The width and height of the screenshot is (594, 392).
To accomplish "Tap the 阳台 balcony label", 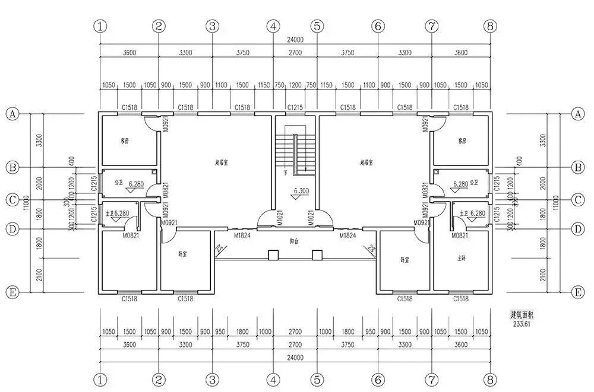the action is (294, 241).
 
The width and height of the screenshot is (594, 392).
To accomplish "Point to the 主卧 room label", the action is (462, 258).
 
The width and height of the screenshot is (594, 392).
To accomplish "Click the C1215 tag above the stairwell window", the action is (295, 107).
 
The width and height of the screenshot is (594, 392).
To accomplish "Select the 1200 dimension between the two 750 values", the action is (295, 85).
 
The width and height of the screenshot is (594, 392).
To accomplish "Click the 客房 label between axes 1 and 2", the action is (124, 141).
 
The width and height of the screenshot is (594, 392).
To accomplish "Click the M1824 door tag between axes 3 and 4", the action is (241, 236).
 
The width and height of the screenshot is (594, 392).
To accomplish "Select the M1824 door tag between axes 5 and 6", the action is (347, 236).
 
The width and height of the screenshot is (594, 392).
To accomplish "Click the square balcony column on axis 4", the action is (273, 255).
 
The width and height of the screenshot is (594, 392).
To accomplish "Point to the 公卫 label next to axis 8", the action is (473, 183).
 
